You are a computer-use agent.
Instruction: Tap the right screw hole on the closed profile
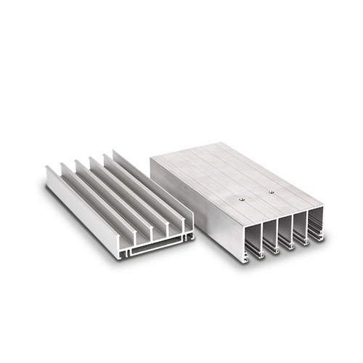click(271, 192)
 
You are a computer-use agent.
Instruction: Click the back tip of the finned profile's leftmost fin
click(47, 168)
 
